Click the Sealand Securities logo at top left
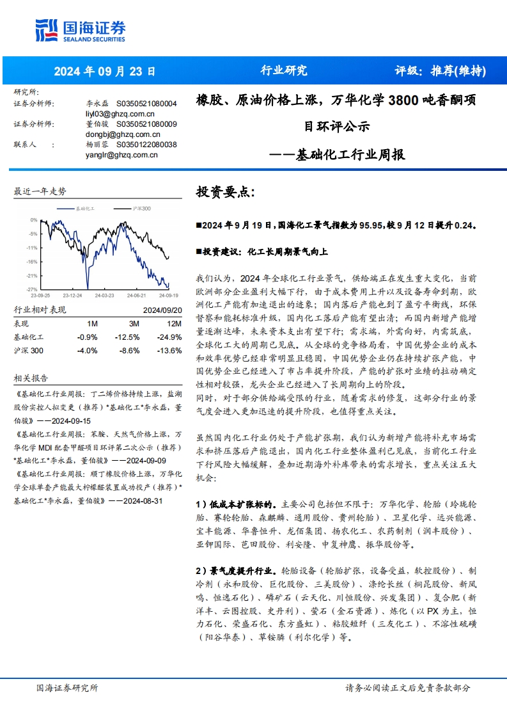coord(80,29)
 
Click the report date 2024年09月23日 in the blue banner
coord(104,72)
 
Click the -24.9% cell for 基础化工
coord(170,337)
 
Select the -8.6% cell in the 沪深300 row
coord(130,351)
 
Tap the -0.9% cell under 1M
coord(87,337)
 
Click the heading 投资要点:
coord(224,192)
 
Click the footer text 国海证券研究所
coord(67,688)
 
